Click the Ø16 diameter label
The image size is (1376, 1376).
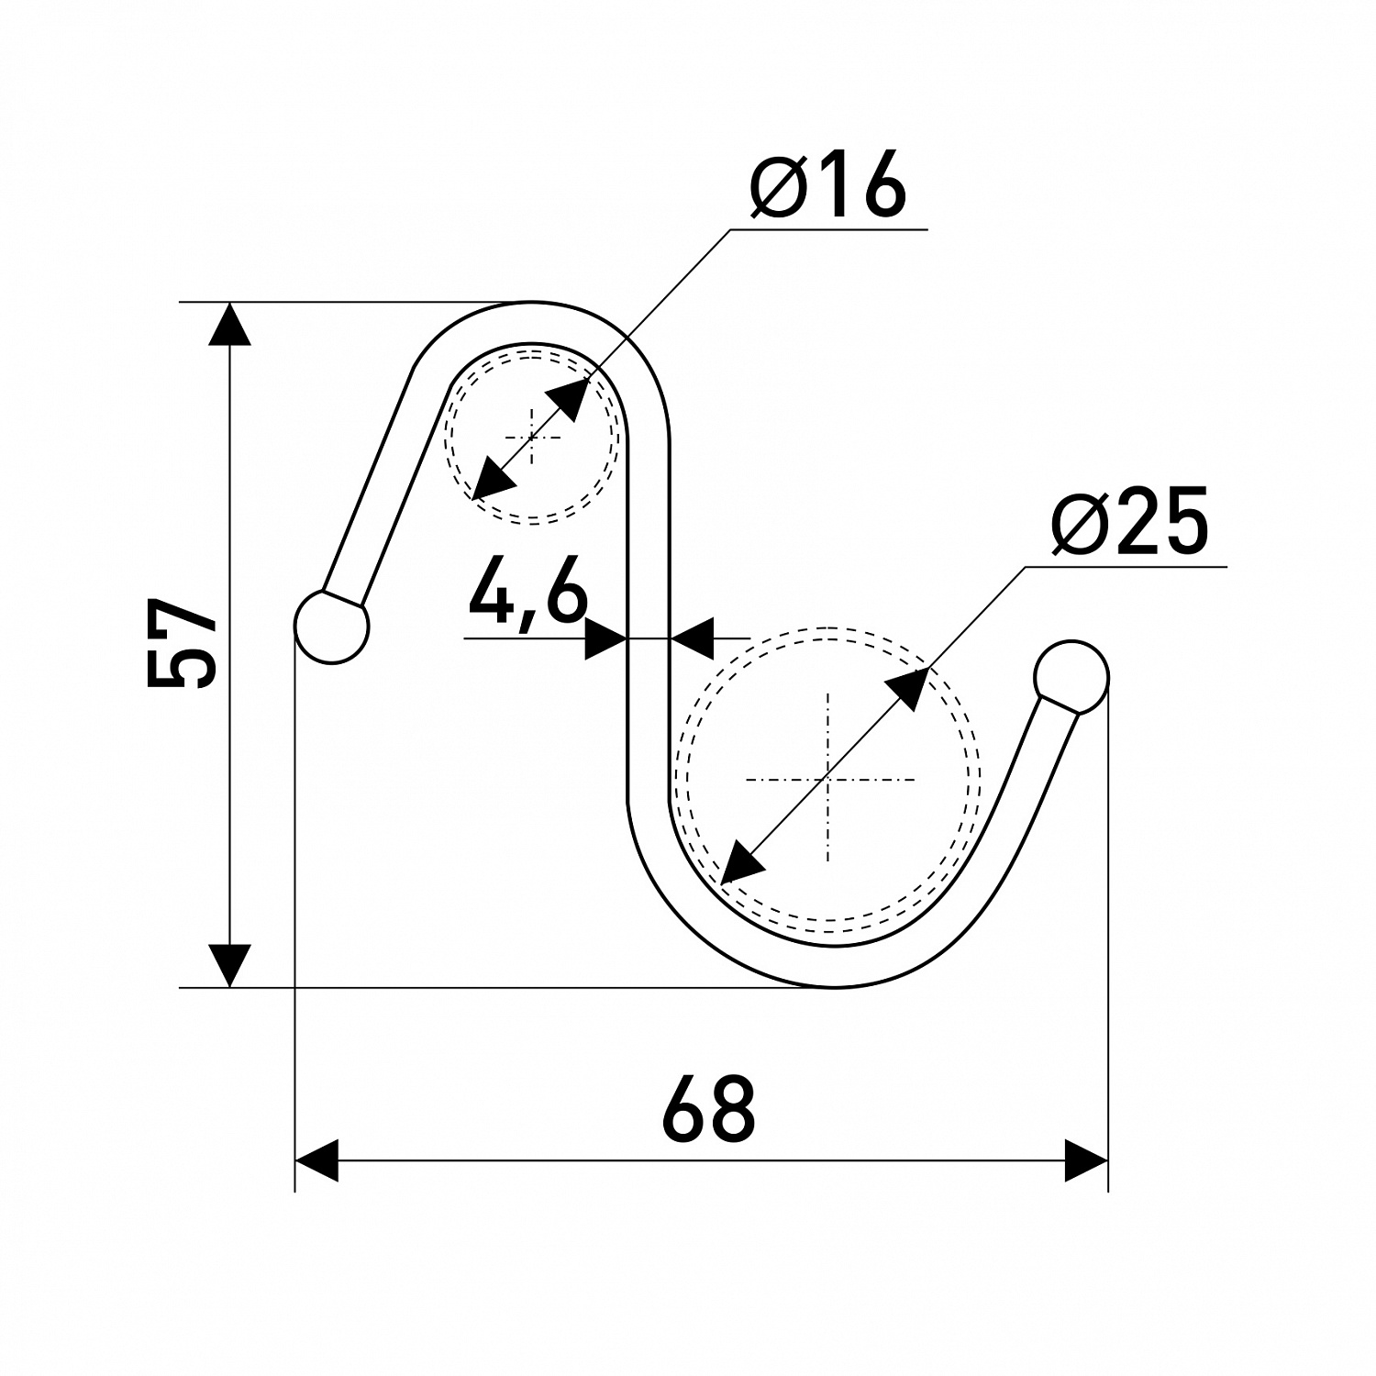[x=828, y=185]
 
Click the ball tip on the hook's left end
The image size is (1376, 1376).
[x=331, y=627]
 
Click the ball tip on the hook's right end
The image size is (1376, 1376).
[x=1071, y=678]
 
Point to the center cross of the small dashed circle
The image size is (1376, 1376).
[x=532, y=437]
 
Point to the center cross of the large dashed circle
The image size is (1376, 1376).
[x=828, y=779]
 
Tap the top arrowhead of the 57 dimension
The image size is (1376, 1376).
[x=229, y=324]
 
